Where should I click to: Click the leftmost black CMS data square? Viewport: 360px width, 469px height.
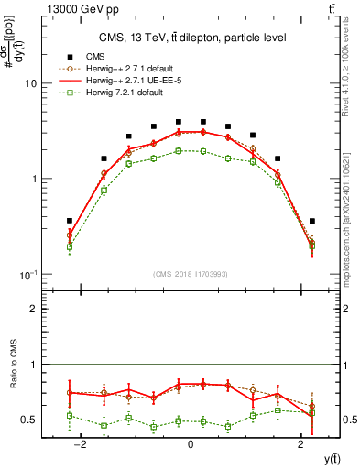pos(70,221)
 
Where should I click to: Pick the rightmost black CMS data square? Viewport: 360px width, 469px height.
pos(312,221)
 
